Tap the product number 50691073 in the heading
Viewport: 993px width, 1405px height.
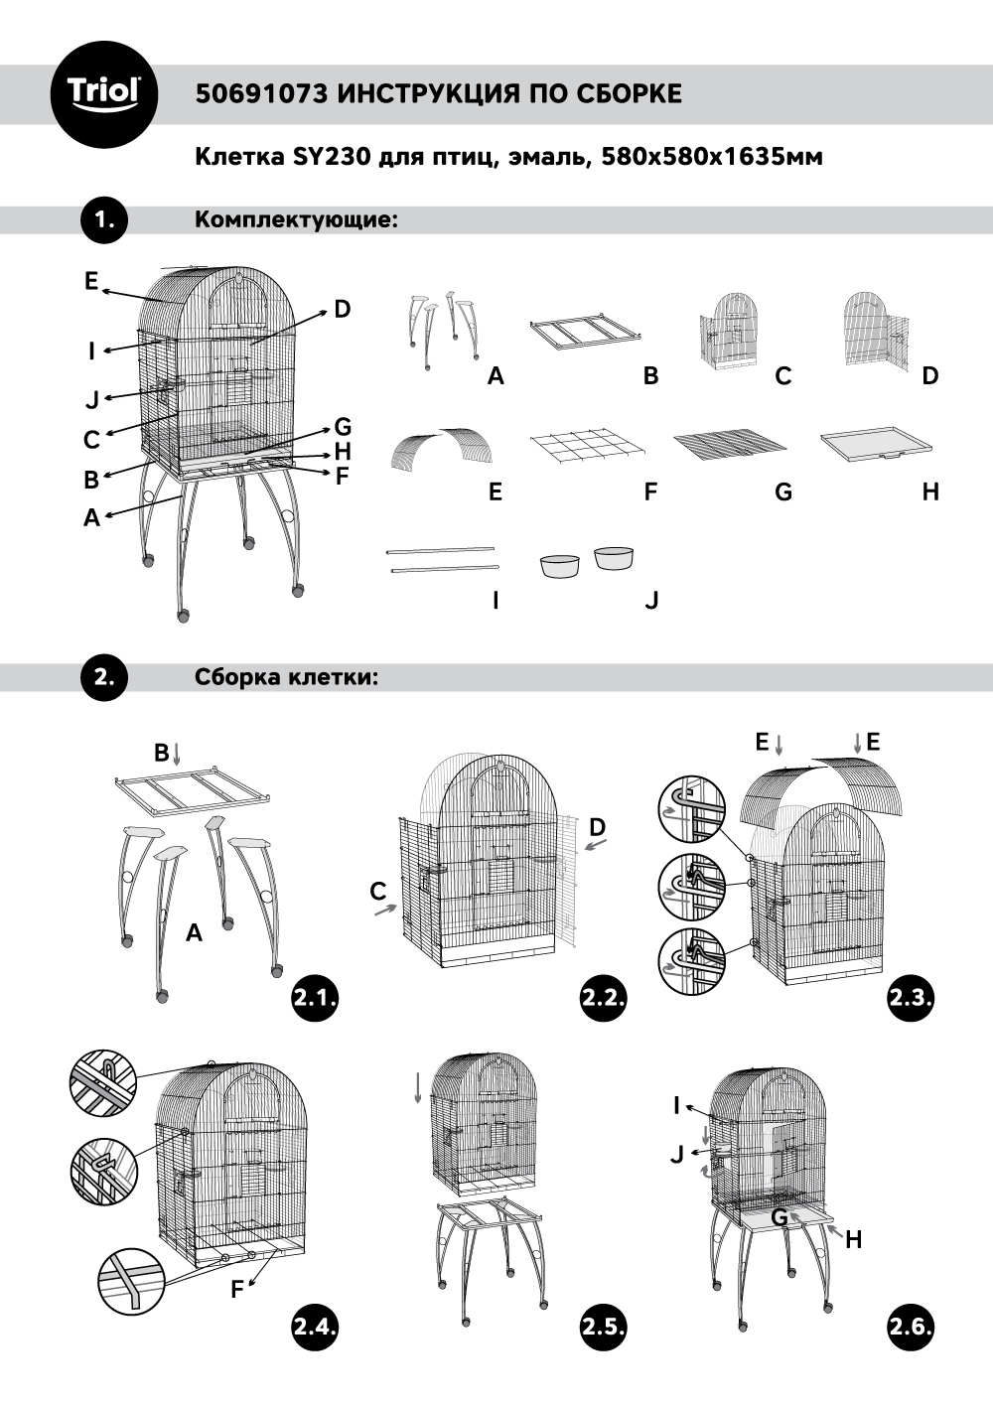[x=261, y=94]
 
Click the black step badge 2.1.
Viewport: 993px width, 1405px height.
[x=315, y=998]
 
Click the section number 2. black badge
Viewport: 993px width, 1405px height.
[x=104, y=678]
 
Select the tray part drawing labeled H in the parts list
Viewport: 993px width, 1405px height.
[x=877, y=444]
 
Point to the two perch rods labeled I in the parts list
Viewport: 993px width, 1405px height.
[x=442, y=558]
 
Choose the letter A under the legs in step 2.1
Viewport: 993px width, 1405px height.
[x=195, y=932]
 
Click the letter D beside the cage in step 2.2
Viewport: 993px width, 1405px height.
[x=597, y=827]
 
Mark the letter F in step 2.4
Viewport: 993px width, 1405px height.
[x=237, y=1289]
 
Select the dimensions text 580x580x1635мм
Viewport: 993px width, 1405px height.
[x=712, y=157]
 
